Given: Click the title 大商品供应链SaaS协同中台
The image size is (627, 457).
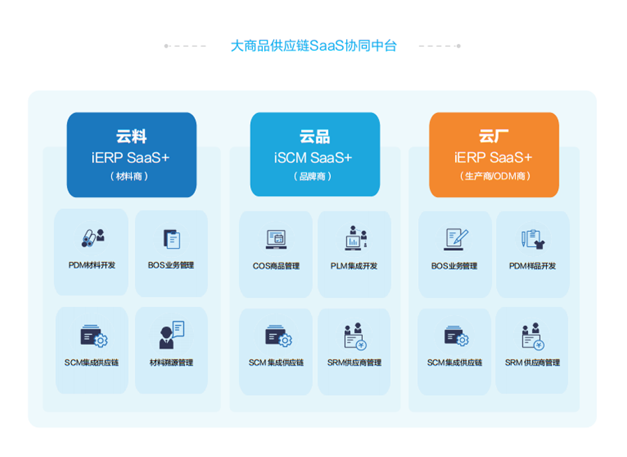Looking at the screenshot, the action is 313,46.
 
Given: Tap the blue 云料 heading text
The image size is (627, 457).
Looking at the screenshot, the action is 131,137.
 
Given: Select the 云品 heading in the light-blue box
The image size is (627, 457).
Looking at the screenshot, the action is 315,137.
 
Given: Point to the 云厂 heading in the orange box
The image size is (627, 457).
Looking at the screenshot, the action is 493,137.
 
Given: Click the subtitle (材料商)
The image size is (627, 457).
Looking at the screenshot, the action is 129,176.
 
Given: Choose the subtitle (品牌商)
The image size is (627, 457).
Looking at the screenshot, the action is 313,176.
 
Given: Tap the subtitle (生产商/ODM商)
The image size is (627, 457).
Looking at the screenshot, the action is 495,176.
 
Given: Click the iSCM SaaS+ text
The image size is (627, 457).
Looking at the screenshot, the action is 313,158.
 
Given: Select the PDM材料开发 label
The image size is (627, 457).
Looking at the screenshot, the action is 91,265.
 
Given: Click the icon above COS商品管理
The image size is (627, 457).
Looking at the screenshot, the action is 277,239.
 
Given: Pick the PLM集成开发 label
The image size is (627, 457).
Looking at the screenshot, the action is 354,266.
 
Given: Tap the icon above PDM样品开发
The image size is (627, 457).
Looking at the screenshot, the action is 533,239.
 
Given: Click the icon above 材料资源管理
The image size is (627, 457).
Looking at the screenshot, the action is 172,335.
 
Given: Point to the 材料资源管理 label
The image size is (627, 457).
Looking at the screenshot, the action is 171,363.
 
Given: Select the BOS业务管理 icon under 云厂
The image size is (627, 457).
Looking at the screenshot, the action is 455,240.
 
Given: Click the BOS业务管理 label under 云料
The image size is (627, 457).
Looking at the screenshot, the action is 171,265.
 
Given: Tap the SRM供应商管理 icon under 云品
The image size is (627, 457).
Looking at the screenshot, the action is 355,336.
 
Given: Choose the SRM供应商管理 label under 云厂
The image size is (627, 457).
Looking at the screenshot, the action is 532,363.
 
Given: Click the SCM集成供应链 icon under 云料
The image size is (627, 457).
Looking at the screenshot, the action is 93,336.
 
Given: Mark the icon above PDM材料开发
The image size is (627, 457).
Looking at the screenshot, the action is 93,238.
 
